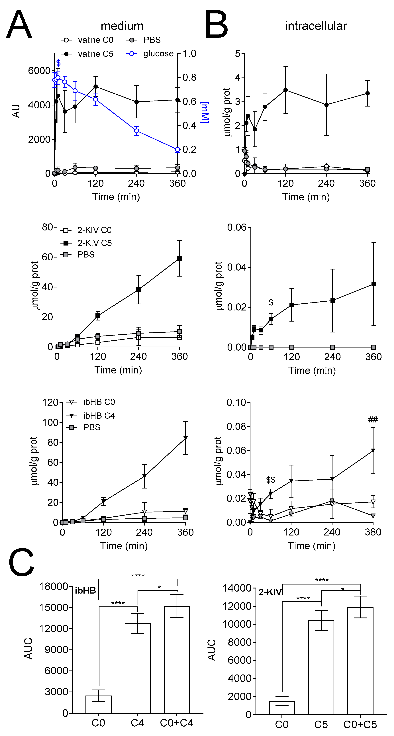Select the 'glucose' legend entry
point(158,54)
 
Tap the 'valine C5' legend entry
point(95,54)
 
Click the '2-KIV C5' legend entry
point(94,243)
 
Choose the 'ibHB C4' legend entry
point(99,416)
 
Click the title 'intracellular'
point(316,26)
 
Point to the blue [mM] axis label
point(204,112)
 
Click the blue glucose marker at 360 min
point(177,149)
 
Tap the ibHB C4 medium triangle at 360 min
point(185,438)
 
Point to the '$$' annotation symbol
point(271,480)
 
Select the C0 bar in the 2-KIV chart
point(282,708)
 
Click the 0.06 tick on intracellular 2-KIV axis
point(237,227)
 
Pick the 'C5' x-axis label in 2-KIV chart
point(321,725)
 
